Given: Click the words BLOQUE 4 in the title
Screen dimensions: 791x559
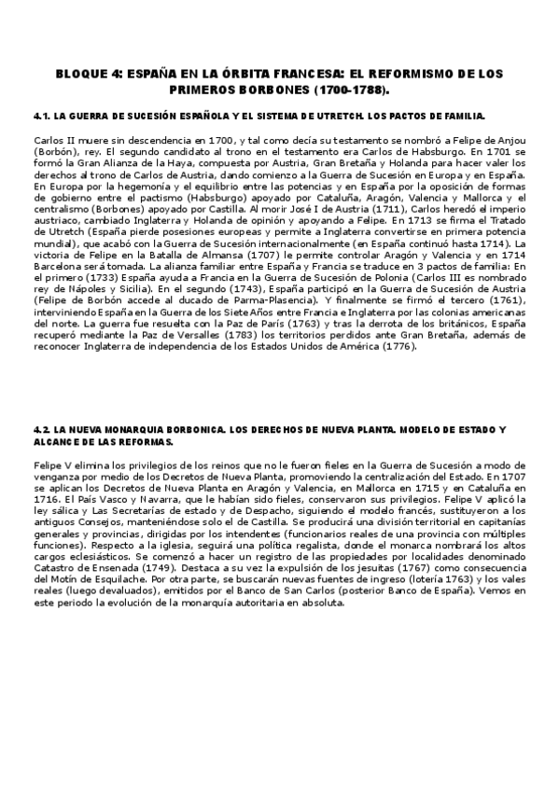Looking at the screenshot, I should coord(83,72).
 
